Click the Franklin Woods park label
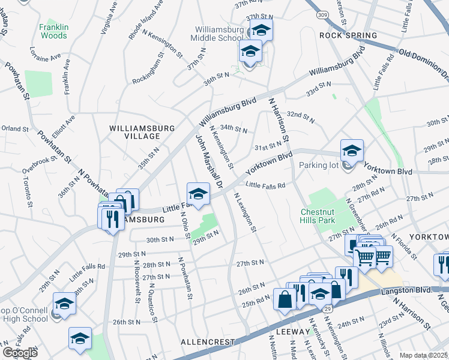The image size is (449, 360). pos(53,31)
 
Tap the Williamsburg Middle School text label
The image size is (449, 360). pos(220,34)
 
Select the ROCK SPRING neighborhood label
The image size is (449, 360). pos(348,35)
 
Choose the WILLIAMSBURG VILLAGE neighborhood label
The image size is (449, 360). pos(142,133)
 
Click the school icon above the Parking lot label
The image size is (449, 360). pos(352,151)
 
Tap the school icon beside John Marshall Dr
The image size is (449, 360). pos(198,194)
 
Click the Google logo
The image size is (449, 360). pos(20,353)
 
